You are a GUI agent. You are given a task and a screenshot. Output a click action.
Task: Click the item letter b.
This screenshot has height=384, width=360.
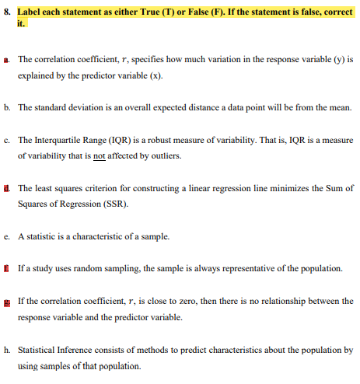pyautogui.click(x=7, y=108)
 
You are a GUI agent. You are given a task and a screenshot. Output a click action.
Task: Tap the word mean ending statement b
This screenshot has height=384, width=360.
pyautogui.click(x=341, y=108)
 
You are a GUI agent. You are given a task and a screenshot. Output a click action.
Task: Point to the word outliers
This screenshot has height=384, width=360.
pyautogui.click(x=164, y=156)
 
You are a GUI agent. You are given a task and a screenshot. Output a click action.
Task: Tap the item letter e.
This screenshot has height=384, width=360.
pyautogui.click(x=7, y=236)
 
